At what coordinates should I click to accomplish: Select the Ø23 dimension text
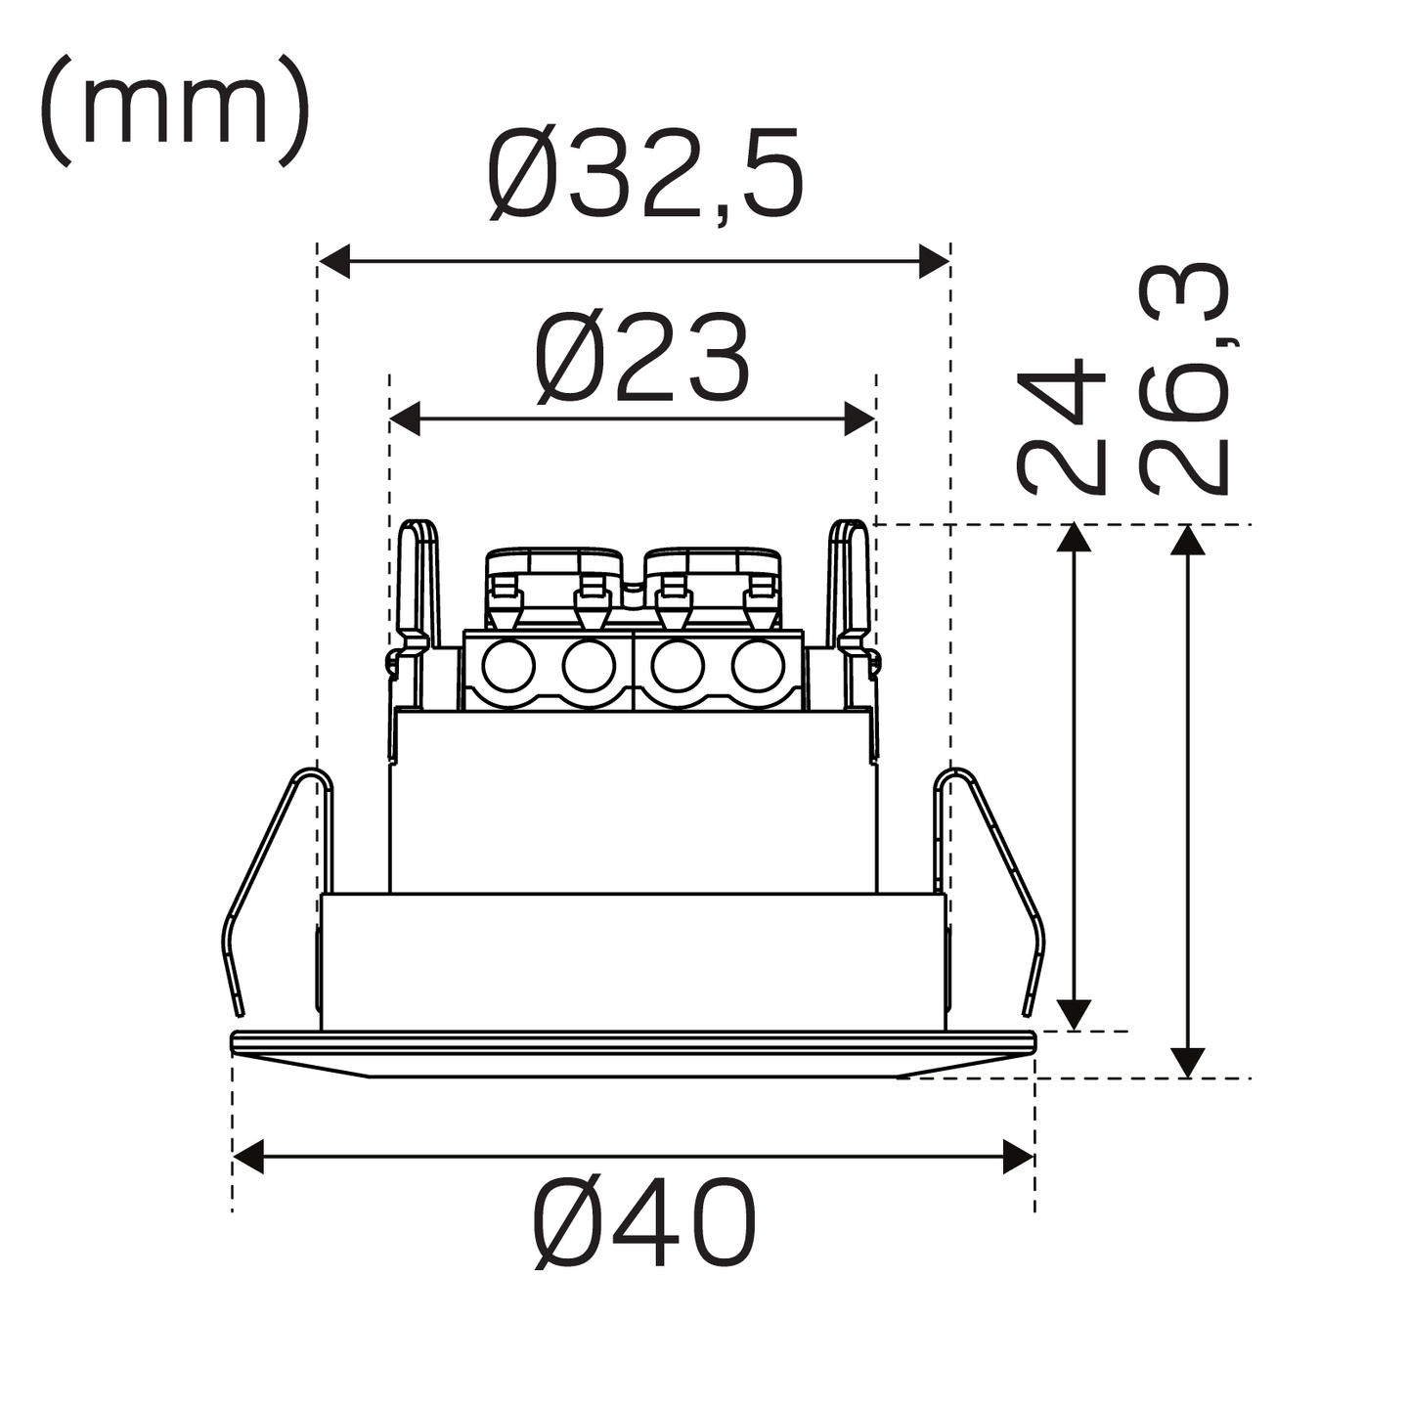pos(642,359)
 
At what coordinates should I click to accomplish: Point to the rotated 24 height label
pos(1062,426)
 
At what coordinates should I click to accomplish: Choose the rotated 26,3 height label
pos(1183,379)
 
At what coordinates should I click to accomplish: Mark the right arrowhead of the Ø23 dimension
pos(860,418)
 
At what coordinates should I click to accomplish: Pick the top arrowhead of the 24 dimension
pos(1074,538)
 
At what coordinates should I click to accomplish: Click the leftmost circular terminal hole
pos(508,668)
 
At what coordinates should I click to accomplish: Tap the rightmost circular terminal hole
pos(758,668)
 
